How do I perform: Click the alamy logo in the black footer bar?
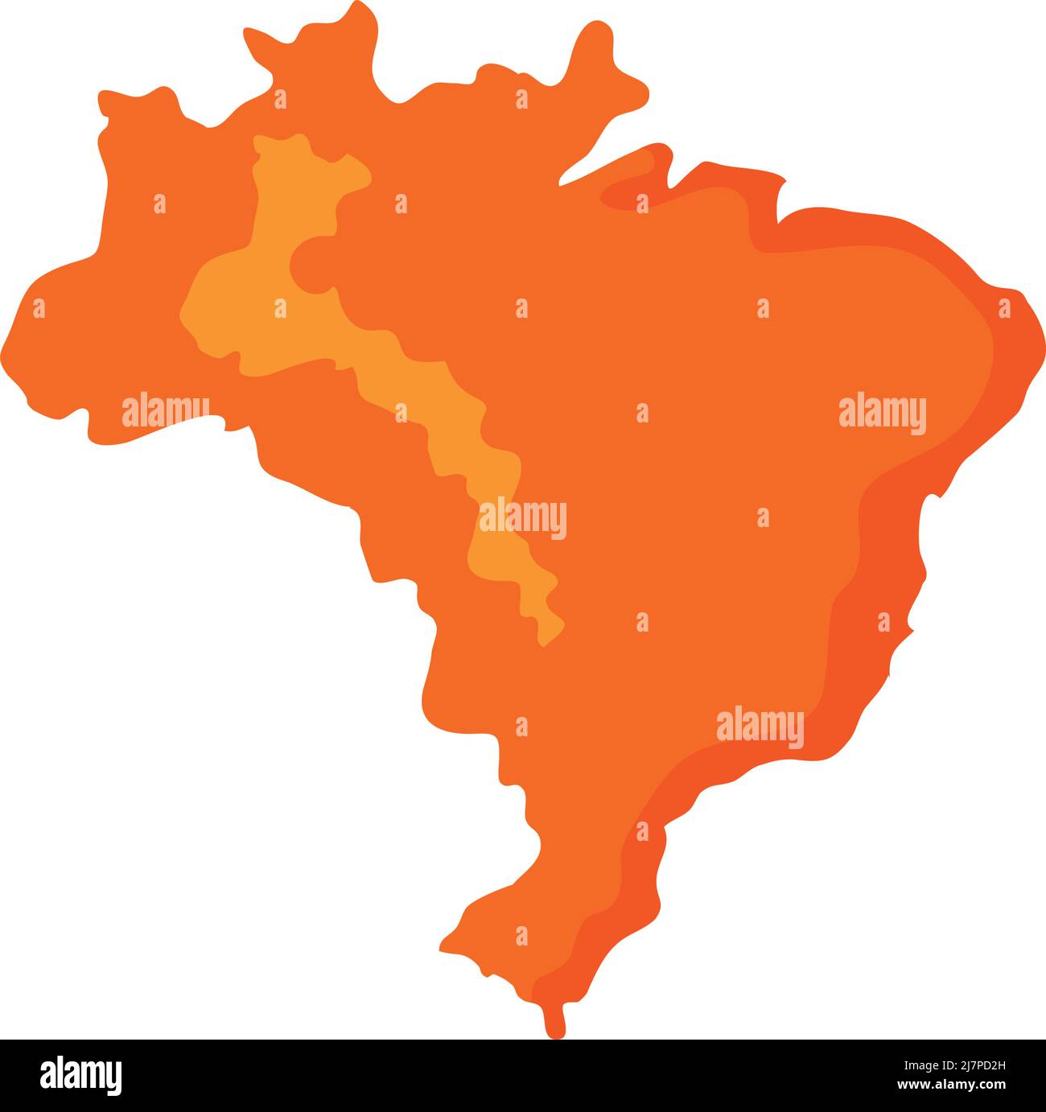coord(81,1075)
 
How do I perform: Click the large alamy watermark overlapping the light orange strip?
coord(523,518)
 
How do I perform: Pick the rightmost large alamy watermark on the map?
coord(882,414)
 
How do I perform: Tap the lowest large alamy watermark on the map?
coord(760,727)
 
